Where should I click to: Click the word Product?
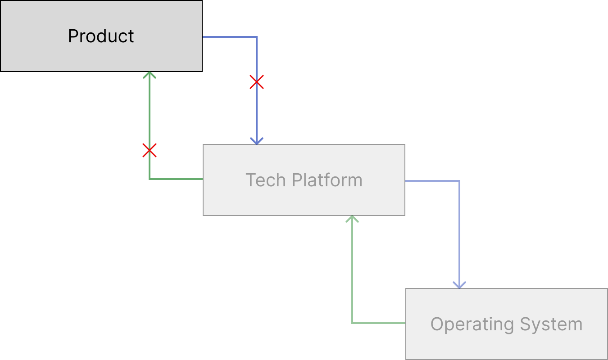[x=101, y=36]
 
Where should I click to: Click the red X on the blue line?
[x=257, y=82]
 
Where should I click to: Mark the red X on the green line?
[x=149, y=150]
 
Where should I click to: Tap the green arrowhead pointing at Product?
[x=149, y=75]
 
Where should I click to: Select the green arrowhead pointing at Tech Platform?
[x=352, y=219]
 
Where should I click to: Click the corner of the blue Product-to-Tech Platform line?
[x=257, y=37]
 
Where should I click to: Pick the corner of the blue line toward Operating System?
[x=459, y=181]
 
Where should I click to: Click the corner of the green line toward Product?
[x=149, y=179]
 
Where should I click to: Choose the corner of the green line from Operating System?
[x=352, y=323]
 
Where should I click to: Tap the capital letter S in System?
[x=525, y=324]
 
